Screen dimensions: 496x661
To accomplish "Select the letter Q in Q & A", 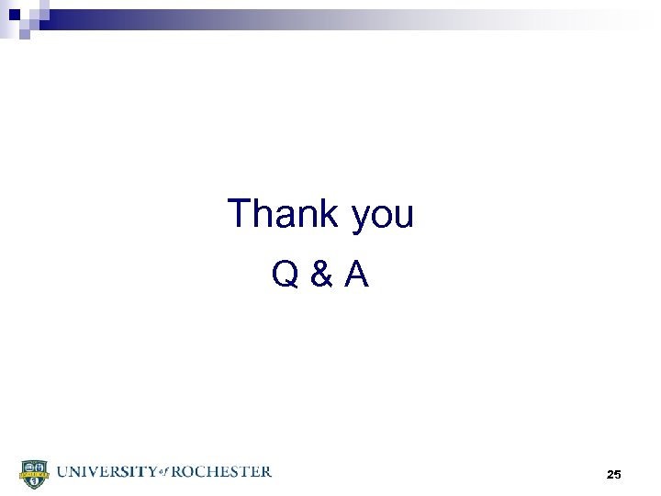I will [x=285, y=274].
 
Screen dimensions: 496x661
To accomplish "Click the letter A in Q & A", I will [x=356, y=274].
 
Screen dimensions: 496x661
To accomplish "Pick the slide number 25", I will [x=614, y=474].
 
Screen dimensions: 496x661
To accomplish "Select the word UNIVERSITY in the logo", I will [x=104, y=472].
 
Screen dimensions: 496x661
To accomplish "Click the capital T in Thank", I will [x=241, y=214].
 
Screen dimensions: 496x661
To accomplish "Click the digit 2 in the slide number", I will [x=611, y=474].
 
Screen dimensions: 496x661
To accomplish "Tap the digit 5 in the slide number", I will [x=619, y=474].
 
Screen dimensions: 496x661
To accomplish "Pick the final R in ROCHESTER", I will [x=265, y=472].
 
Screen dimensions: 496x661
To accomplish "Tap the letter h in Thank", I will [x=264, y=214].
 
